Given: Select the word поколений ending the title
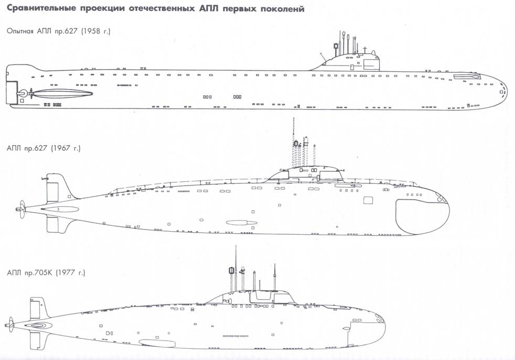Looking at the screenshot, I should pos(278,9).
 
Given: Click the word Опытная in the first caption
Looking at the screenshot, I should pos(22,31).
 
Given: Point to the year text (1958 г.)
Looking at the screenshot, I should pos(93,31).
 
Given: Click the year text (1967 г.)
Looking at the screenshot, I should pos(66,148).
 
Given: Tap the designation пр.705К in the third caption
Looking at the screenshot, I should pos(40,273).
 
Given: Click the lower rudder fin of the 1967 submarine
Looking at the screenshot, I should pos(52,224).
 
